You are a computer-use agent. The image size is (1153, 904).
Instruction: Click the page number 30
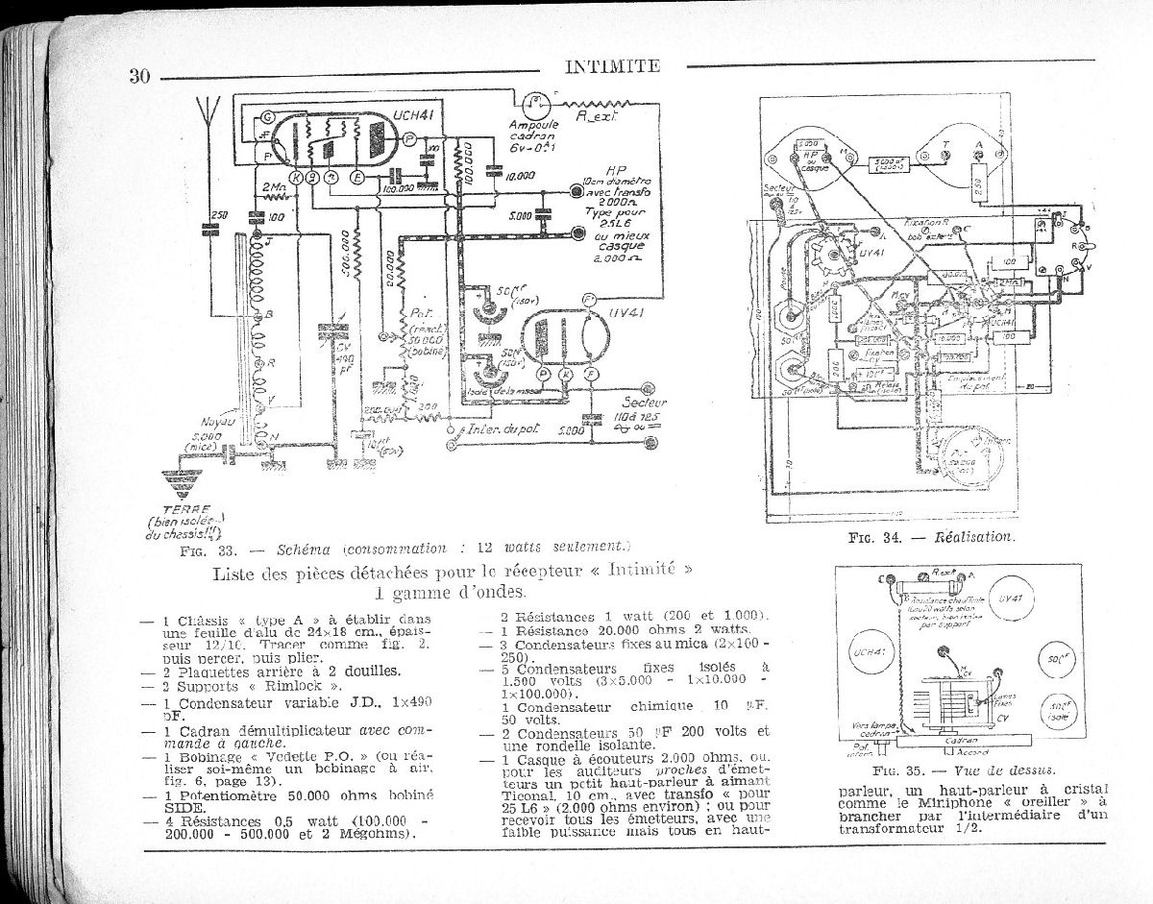pos(140,77)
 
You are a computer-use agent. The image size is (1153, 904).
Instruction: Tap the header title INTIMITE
pos(612,66)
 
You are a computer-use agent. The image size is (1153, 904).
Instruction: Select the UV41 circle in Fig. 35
pos(1009,598)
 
